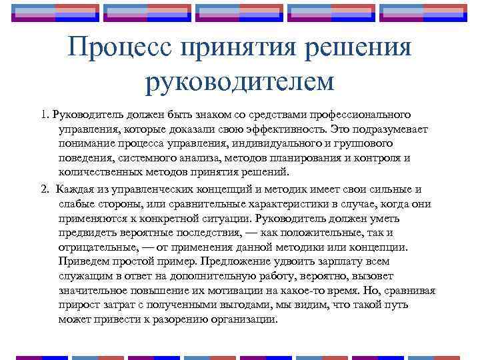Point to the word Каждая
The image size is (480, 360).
(x=75, y=189)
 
